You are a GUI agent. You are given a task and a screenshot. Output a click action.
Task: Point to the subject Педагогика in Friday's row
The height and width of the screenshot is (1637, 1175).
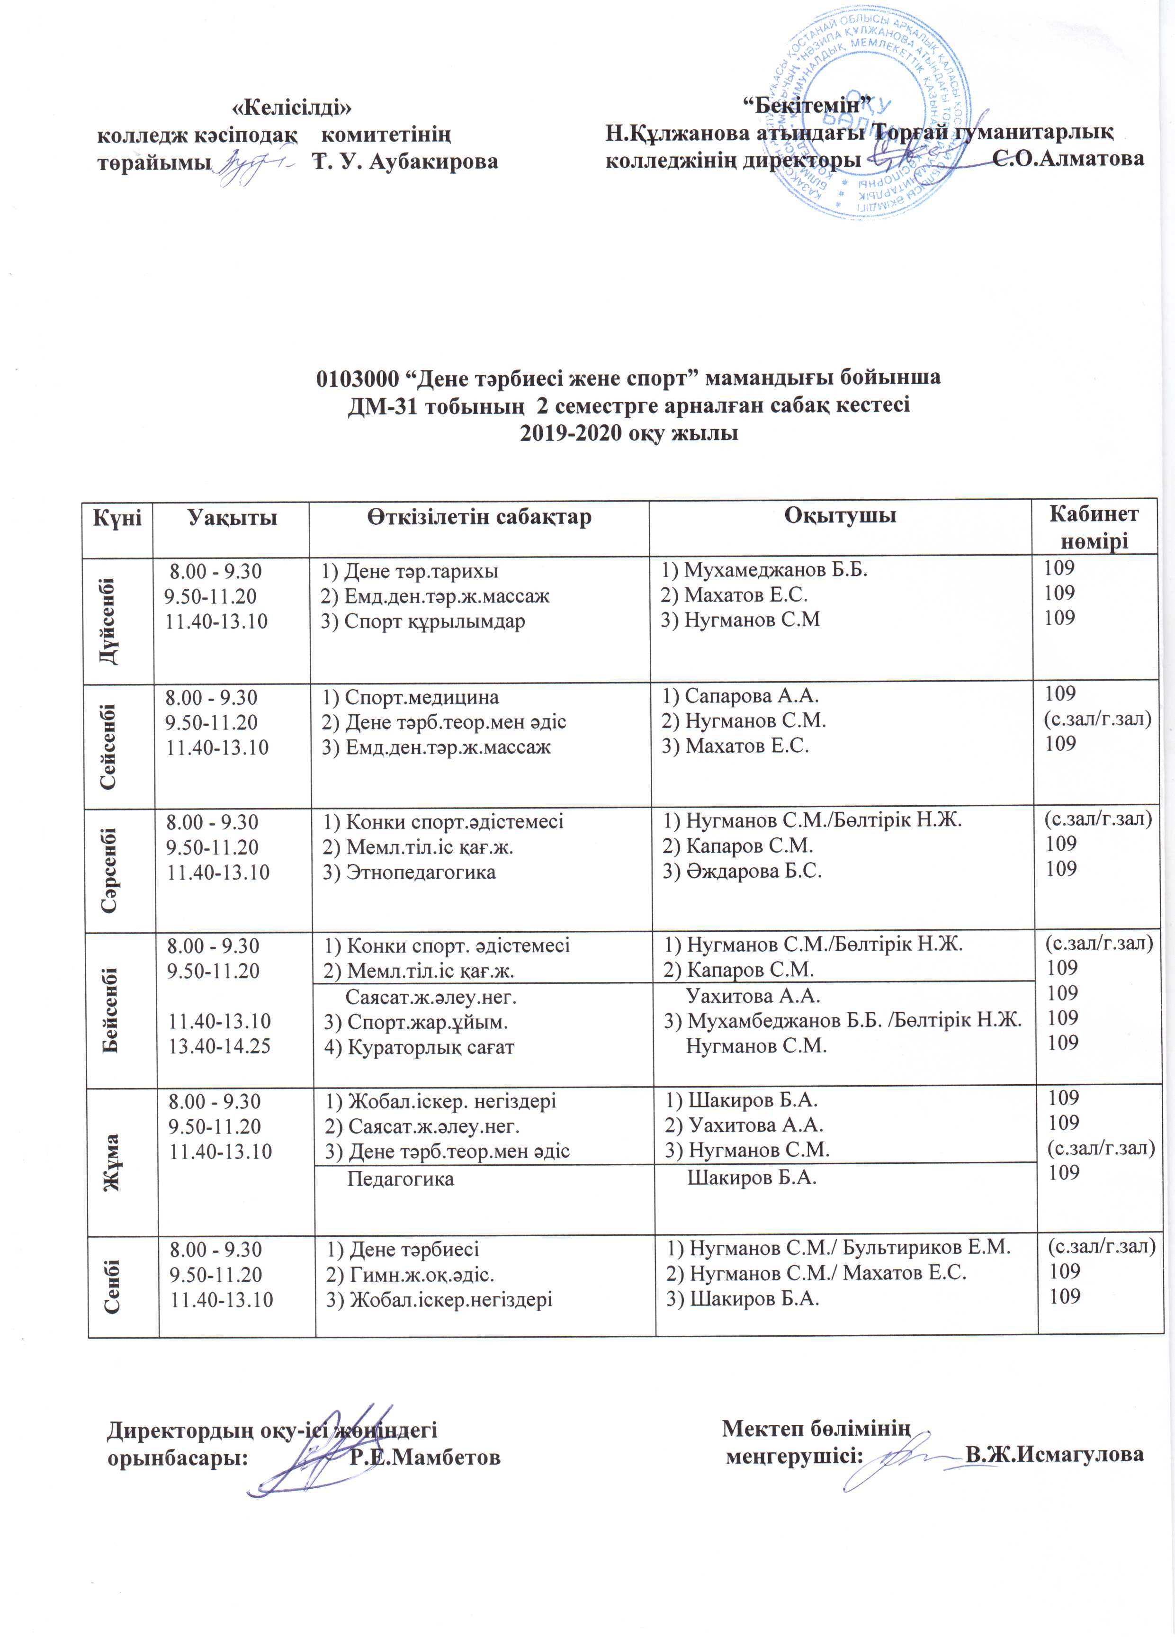pyautogui.click(x=401, y=1178)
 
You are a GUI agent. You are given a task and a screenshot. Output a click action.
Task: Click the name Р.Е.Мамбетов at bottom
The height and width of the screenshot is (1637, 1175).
pyautogui.click(x=424, y=1457)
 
